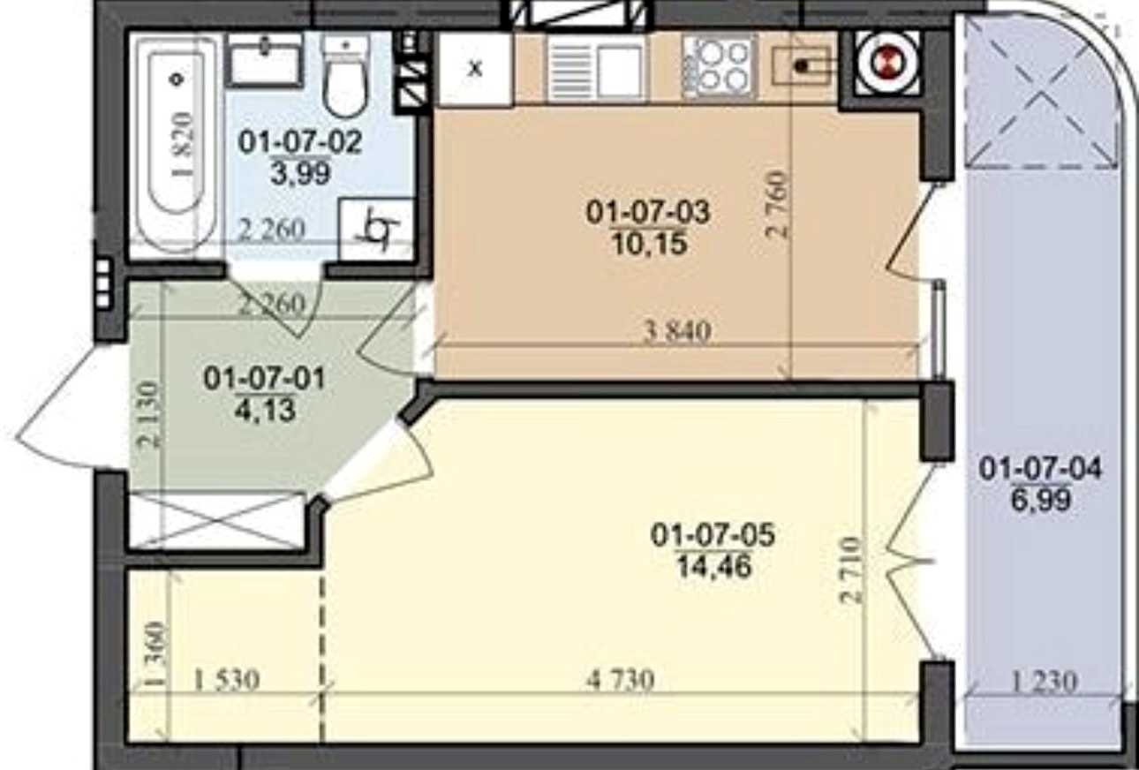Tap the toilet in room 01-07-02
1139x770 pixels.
tap(346, 75)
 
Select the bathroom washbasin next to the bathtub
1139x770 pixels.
tap(264, 60)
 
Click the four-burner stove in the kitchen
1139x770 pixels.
tap(719, 66)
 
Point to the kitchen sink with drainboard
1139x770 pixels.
tap(598, 68)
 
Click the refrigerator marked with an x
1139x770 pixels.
tap(475, 68)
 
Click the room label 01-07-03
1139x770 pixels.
tap(647, 212)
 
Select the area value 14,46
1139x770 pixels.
tap(714, 567)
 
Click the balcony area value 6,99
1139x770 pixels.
tap(1040, 500)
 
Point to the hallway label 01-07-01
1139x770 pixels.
tap(264, 379)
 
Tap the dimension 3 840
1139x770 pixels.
tap(677, 332)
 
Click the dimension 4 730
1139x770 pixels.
tap(621, 681)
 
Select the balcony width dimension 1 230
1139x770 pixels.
tap(1044, 683)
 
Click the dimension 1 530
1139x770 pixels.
tap(227, 681)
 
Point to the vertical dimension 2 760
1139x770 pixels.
tap(778, 206)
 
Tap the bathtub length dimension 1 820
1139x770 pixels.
tap(183, 145)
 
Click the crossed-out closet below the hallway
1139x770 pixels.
tap(217, 520)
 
